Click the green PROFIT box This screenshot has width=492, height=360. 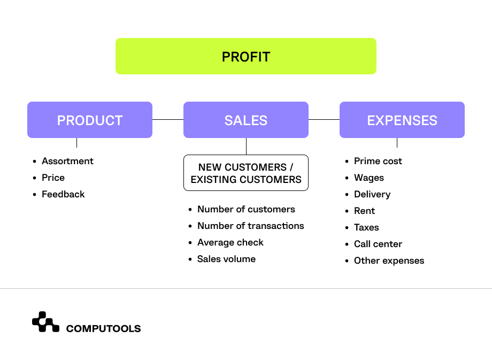click(x=246, y=56)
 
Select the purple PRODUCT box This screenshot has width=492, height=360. click(x=90, y=120)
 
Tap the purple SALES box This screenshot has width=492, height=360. click(x=246, y=120)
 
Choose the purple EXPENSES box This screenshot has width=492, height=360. click(x=402, y=120)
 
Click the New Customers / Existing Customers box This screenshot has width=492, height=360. click(x=246, y=173)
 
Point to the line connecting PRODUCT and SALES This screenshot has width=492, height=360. click(x=168, y=120)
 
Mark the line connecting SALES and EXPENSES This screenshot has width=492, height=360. click(x=324, y=120)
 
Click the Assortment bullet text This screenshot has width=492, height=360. click(x=67, y=161)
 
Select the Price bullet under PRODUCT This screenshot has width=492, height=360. click(x=53, y=178)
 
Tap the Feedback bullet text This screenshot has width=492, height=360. click(x=63, y=194)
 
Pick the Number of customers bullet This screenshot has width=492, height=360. click(x=246, y=209)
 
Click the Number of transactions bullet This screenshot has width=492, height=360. click(x=250, y=226)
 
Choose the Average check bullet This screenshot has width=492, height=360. click(x=230, y=243)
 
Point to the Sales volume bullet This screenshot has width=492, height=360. click(x=226, y=259)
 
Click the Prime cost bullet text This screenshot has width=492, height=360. click(x=378, y=161)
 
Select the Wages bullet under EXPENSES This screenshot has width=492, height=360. click(x=368, y=178)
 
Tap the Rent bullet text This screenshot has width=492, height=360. click(x=364, y=211)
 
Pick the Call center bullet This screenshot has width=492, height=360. click(x=378, y=244)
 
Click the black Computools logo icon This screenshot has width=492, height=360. click(x=45, y=321)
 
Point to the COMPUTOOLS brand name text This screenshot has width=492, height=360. click(x=103, y=328)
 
